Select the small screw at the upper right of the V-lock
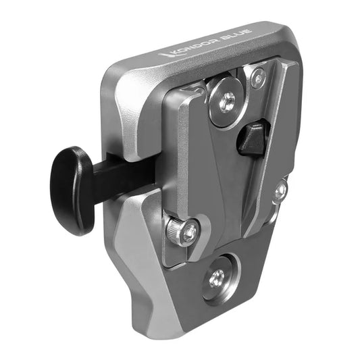(258, 77)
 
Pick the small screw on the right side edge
(280, 192)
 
